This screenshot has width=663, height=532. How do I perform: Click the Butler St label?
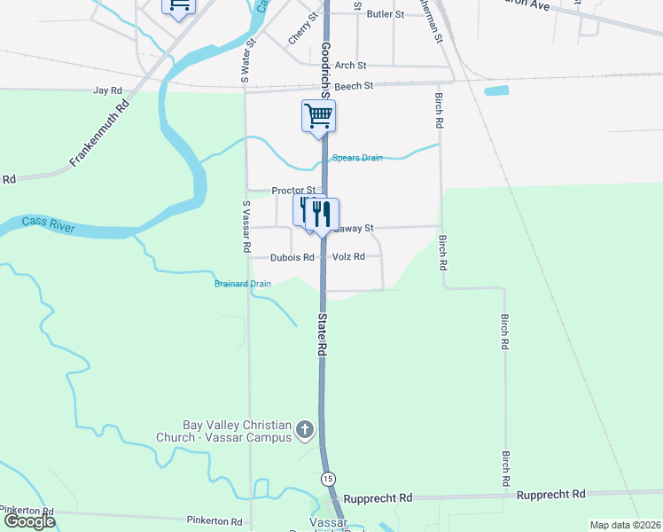click(x=385, y=14)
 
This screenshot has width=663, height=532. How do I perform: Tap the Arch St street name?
click(x=351, y=66)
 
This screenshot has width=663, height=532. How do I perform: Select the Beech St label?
click(x=355, y=85)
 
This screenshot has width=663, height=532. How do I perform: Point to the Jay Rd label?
click(x=106, y=90)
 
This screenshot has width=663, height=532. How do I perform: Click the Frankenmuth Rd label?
click(x=99, y=134)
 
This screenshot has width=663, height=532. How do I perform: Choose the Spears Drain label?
click(x=357, y=158)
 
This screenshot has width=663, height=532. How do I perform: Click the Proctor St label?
click(x=293, y=191)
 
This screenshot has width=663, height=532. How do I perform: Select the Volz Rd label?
click(x=348, y=257)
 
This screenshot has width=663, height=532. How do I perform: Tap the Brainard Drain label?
click(x=243, y=284)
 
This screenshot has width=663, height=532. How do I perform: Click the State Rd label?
click(x=324, y=332)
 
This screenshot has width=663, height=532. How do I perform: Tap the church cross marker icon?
click(x=304, y=431)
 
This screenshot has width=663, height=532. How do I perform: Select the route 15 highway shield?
click(x=329, y=479)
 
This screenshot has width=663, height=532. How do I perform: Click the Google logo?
click(x=30, y=521)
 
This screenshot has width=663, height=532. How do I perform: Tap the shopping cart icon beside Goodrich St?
click(x=318, y=115)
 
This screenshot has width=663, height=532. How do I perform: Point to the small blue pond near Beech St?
click(x=496, y=90)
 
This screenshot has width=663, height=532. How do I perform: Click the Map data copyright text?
click(x=625, y=525)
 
